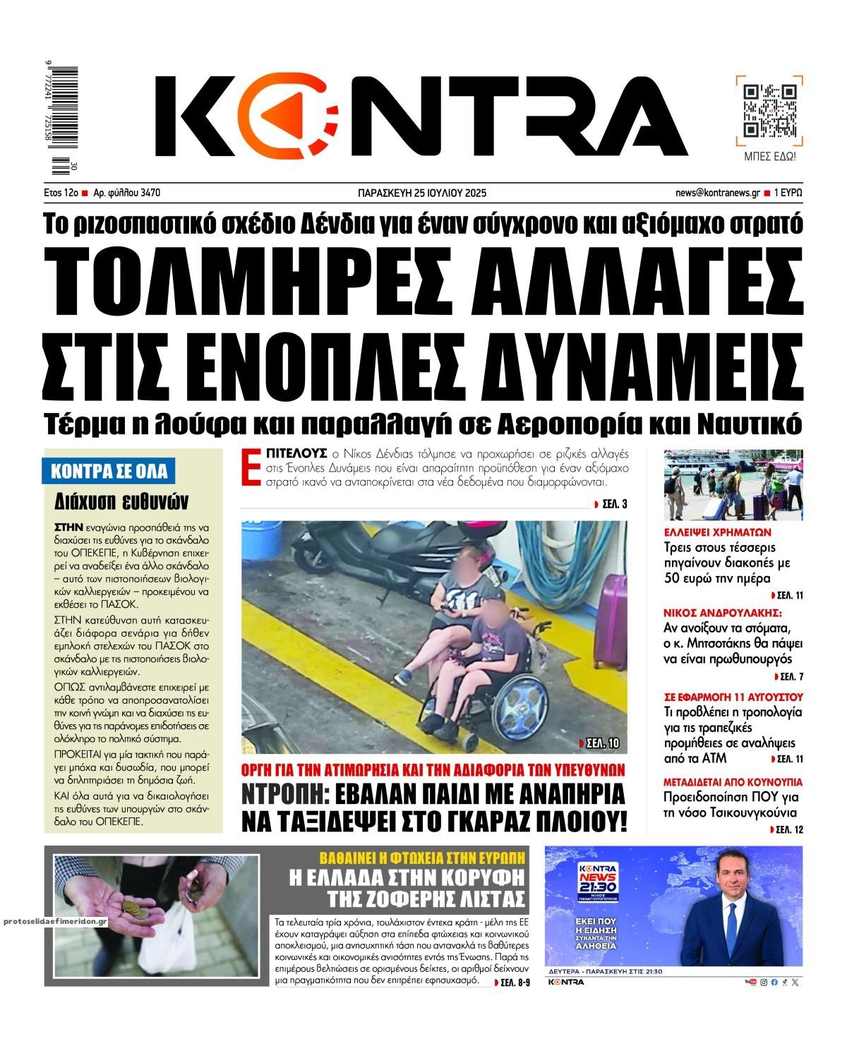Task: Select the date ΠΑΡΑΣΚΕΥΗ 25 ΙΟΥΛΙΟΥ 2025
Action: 423,193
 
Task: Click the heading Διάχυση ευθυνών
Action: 121,501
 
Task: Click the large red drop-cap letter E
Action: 247,467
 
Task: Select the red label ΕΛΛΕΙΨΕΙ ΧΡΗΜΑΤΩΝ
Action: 718,532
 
